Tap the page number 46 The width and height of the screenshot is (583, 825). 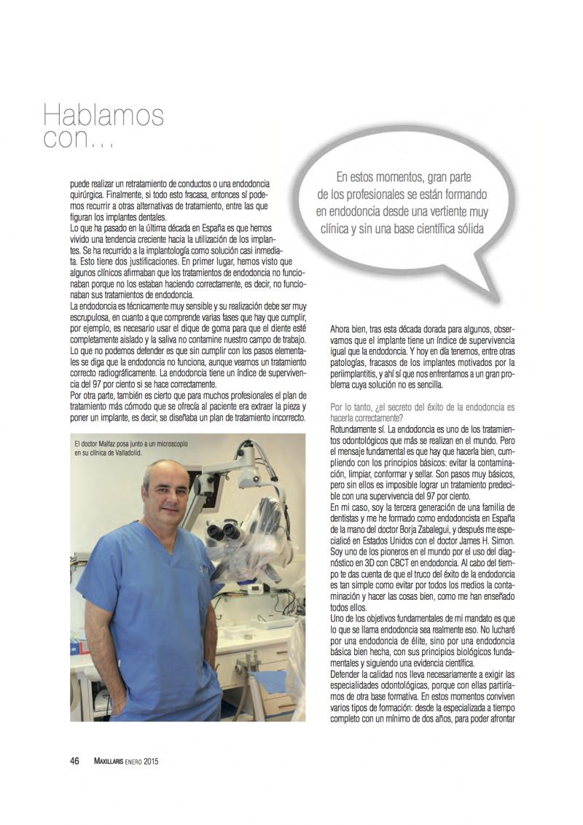[74, 762]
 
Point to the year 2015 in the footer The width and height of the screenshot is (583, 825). [151, 762]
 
